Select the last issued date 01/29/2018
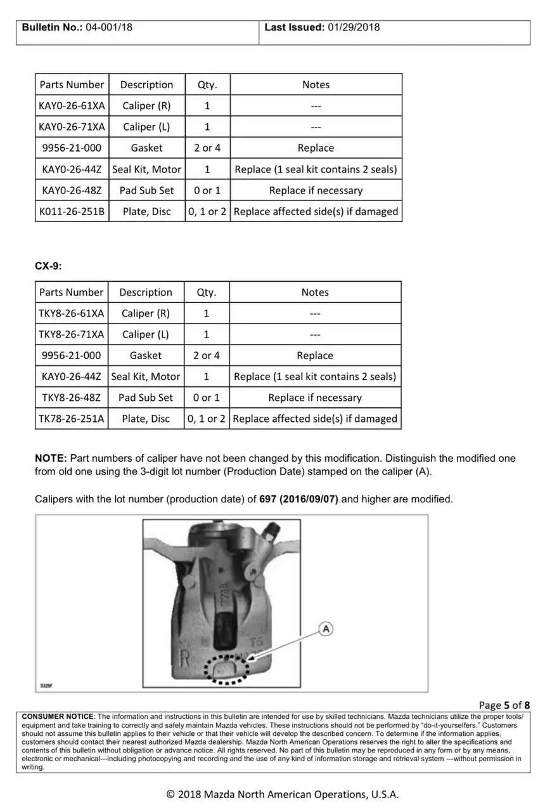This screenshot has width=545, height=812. pos(354,27)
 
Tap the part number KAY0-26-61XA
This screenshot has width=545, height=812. pos(72,106)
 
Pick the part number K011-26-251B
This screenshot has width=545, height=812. pos(72,211)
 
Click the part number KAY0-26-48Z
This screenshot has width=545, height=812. pos(72,190)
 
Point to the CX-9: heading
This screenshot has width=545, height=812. pos(48,266)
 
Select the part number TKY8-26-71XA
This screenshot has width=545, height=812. pos(72,334)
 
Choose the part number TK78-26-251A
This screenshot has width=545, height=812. pos(72,419)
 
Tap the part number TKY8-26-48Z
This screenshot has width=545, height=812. pos(72,398)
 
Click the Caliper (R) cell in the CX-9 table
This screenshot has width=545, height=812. pos(146,313)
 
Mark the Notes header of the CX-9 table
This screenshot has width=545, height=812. pos(315,292)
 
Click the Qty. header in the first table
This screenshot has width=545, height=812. pos(207,85)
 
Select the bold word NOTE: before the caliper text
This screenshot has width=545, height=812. pos(51,458)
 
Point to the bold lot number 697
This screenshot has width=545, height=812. pos(267,499)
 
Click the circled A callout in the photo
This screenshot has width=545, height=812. pos(326,629)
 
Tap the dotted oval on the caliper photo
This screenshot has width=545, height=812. pos(226,670)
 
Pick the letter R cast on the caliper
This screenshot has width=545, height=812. pos(185,657)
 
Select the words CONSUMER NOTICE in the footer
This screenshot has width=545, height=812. pos(58,716)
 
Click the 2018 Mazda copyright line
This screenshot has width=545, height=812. pos(283,794)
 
